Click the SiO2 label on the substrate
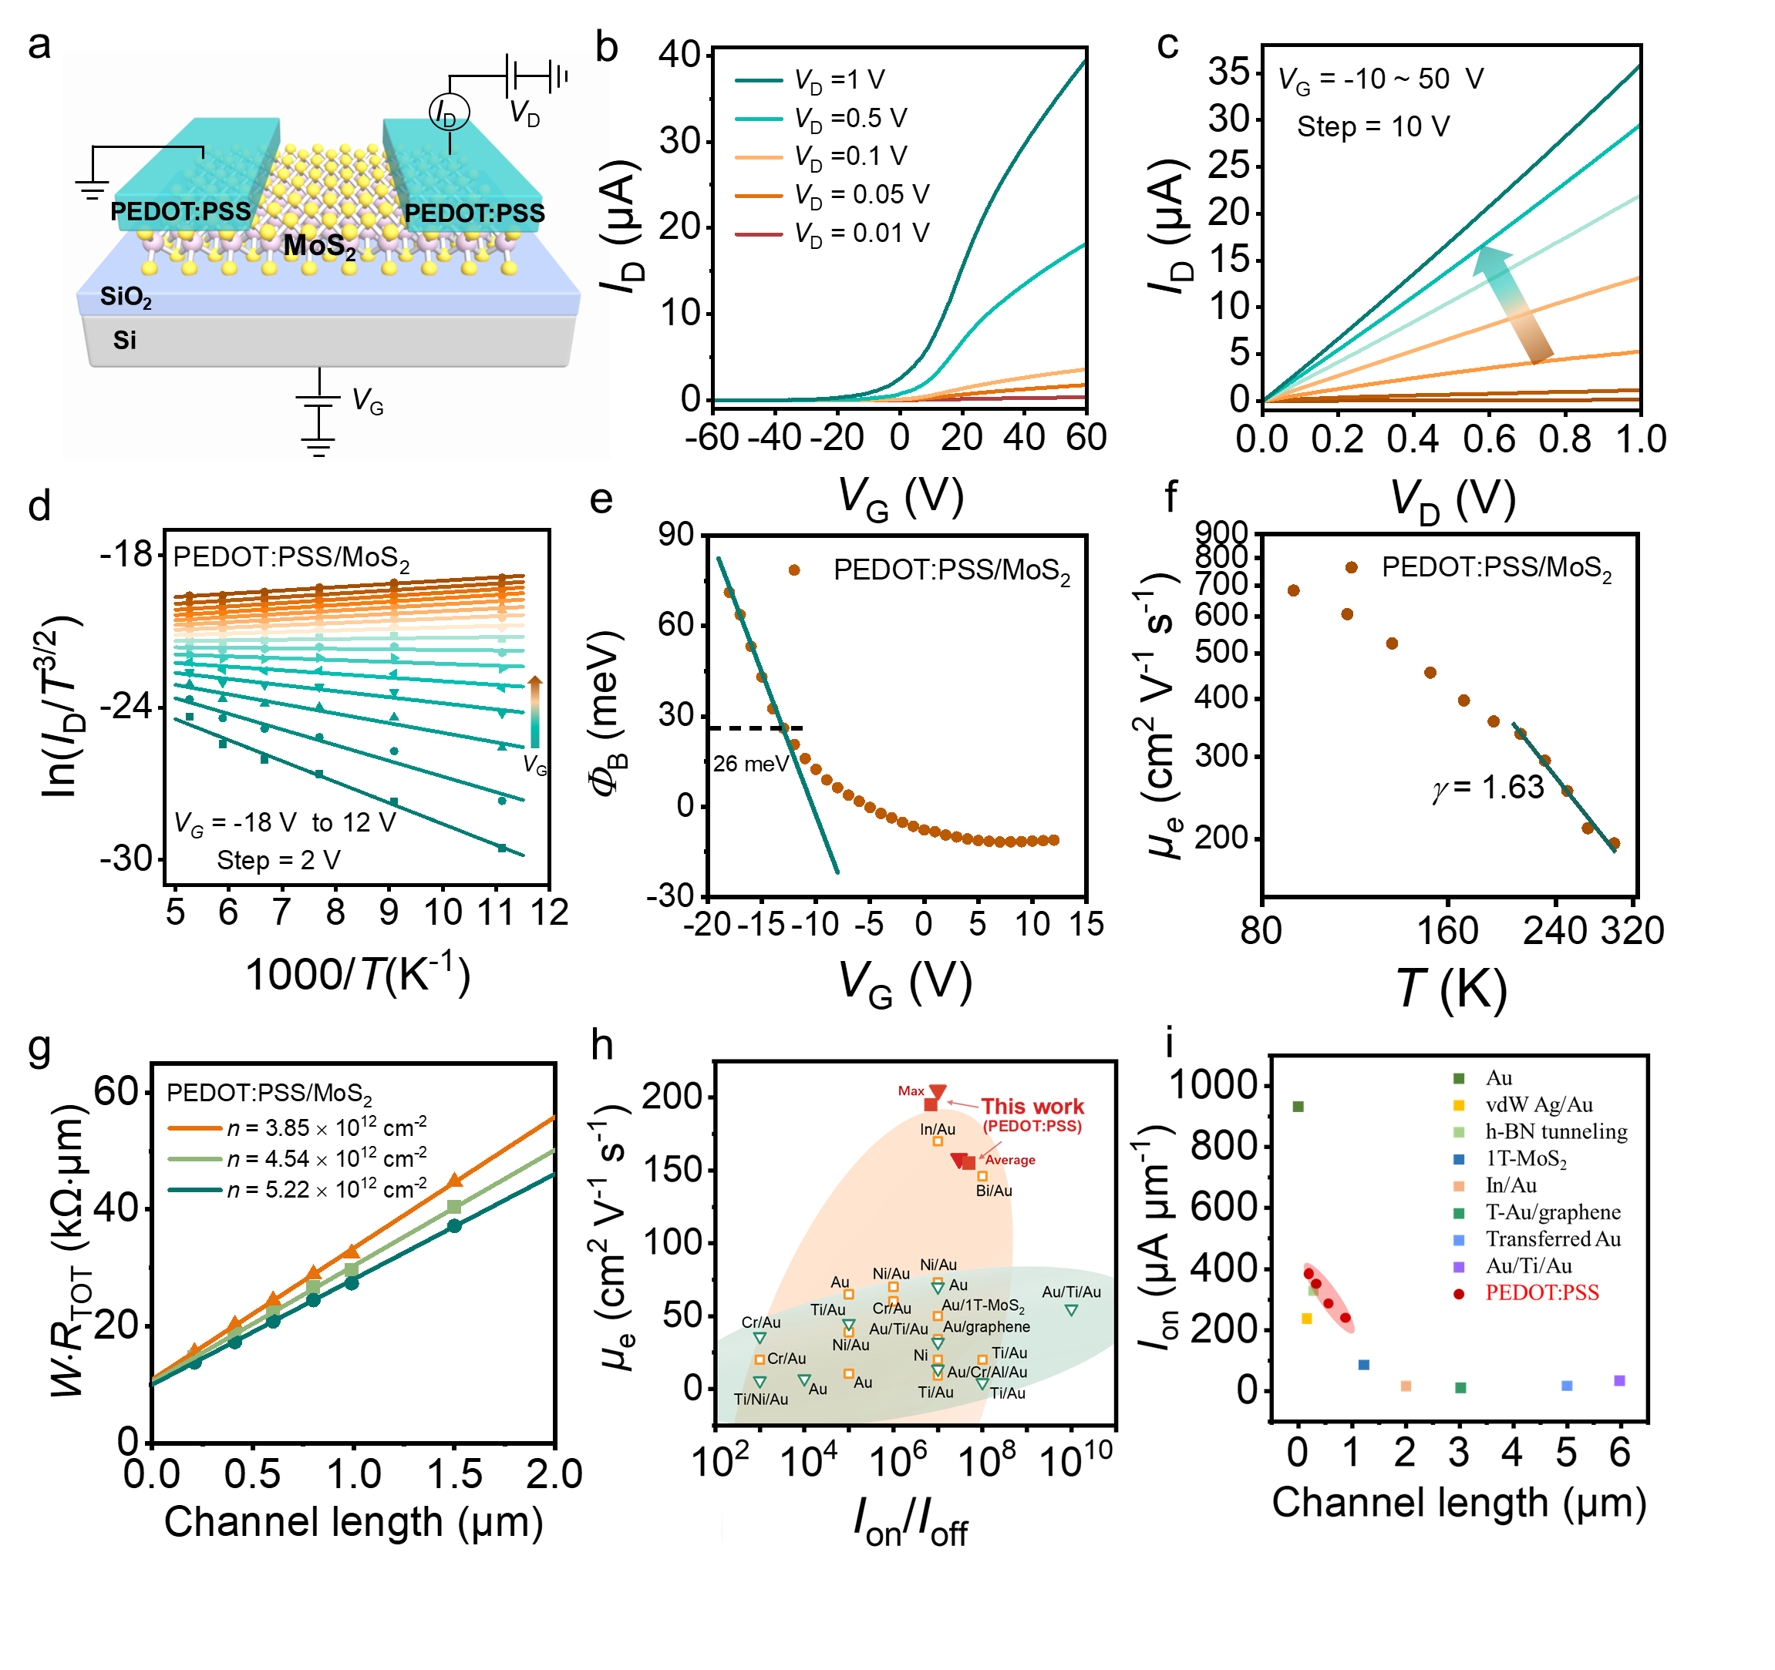tap(125, 297)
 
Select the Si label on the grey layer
tap(124, 340)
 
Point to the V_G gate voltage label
tap(367, 401)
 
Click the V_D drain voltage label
tap(524, 113)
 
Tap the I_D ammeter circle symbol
tap(449, 113)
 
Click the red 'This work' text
tap(1032, 1106)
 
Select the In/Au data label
tap(938, 1129)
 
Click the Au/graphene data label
tap(987, 1326)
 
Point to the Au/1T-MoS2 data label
tap(983, 1305)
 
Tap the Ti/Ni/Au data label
tap(761, 1399)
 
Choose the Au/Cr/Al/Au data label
tap(987, 1372)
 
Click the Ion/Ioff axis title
tap(910, 1522)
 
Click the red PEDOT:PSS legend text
tap(1541, 1292)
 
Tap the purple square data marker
tap(1620, 1380)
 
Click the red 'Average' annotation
tap(1010, 1160)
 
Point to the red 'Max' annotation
tap(911, 1090)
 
